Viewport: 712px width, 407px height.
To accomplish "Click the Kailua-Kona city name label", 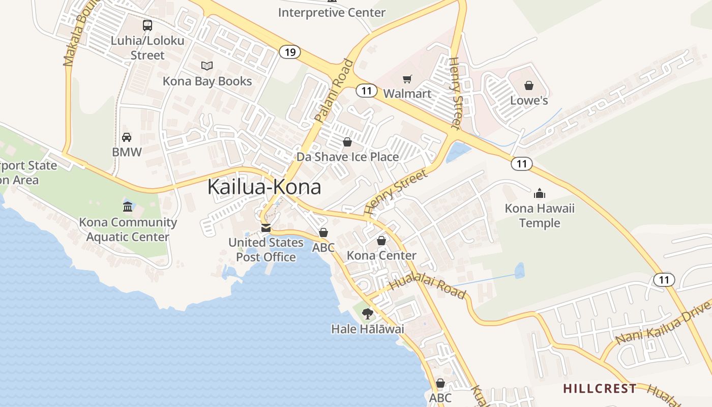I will coord(264,187).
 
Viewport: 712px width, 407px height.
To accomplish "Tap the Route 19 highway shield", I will coord(290,52).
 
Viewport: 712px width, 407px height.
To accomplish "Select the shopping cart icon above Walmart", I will coord(407,79).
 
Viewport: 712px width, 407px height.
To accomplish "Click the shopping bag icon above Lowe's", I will coord(529,85).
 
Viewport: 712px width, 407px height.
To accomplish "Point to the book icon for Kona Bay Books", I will coord(206,66).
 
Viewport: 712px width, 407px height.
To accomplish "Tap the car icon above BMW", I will coord(127,137).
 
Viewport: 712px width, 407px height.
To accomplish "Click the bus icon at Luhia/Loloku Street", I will coord(147,25).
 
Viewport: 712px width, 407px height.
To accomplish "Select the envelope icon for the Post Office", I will coord(265,227).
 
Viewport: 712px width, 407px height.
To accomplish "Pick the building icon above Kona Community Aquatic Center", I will coord(128,207).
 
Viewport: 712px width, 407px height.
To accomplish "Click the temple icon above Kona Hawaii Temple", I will coord(540,193).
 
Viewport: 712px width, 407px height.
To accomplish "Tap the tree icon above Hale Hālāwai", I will coord(367,314).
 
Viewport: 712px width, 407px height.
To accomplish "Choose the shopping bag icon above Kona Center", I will coord(381,241).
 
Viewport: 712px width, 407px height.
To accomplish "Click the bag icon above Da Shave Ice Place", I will coord(347,142).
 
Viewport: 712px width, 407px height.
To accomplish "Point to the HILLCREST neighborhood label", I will coord(600,389).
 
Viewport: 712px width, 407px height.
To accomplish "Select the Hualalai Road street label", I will coord(428,286).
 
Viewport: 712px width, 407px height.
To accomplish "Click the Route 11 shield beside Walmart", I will coord(366,91).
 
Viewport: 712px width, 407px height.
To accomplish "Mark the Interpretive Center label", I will coord(332,13).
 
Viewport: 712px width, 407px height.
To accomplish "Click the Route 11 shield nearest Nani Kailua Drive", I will coord(664,279).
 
